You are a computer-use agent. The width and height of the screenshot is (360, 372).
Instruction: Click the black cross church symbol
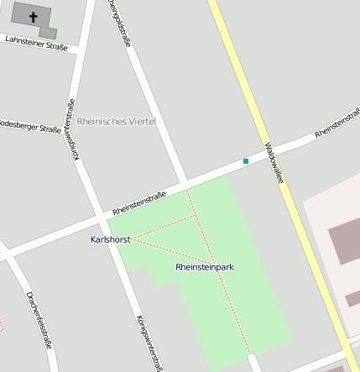(34, 16)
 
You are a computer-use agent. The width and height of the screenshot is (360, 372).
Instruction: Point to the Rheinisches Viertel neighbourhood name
(117, 122)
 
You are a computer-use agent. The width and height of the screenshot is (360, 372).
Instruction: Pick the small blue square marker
(246, 160)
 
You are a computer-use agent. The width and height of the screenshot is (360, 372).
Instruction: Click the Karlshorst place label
(110, 239)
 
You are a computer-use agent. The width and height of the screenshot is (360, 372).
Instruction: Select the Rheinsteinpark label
(205, 267)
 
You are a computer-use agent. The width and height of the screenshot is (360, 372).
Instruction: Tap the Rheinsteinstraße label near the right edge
(337, 123)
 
